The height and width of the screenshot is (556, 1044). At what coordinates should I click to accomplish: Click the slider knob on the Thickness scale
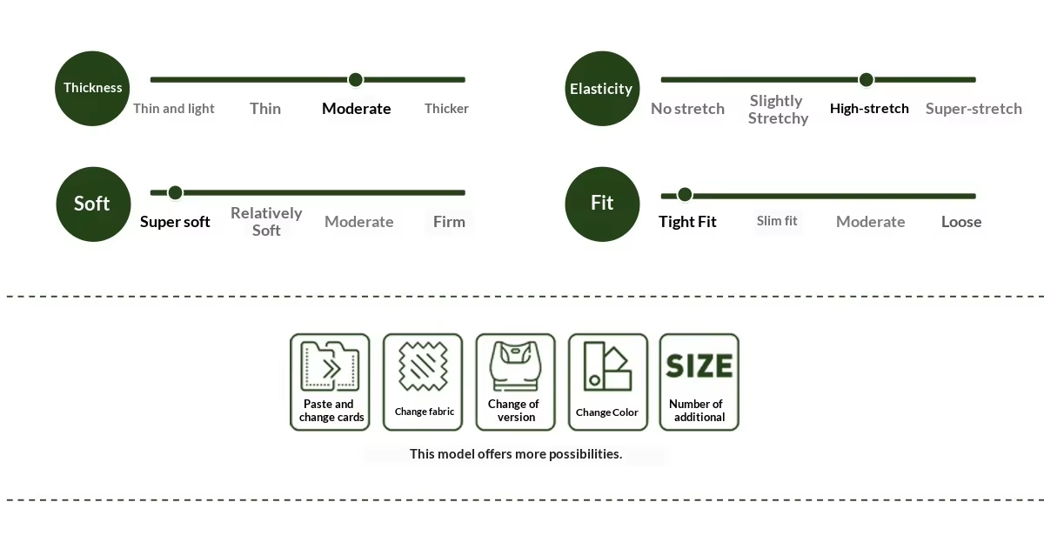[x=356, y=80]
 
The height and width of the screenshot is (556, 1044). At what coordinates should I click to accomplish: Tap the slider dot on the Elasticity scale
[x=866, y=80]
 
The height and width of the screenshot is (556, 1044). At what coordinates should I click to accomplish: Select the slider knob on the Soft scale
[x=175, y=192]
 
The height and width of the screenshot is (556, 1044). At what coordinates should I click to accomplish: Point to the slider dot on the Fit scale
[x=685, y=195]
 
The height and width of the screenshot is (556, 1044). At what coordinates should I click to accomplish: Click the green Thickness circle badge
[x=92, y=89]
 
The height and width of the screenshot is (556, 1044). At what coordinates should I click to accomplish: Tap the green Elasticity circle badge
[x=602, y=89]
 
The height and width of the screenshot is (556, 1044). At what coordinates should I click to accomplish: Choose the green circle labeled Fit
[x=602, y=204]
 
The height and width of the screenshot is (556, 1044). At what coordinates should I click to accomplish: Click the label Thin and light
[x=173, y=109]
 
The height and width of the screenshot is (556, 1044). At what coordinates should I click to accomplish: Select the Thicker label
[x=446, y=109]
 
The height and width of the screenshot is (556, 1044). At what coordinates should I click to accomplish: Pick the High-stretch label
[x=869, y=109]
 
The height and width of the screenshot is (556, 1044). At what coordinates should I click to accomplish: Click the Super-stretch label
[x=974, y=109]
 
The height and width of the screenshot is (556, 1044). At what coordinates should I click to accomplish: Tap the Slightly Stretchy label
[x=778, y=110]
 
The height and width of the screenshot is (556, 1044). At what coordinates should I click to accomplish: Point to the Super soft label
[x=175, y=222]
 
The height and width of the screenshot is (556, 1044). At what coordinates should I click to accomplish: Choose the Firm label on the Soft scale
[x=449, y=222]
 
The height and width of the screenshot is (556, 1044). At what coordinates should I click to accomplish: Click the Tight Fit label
[x=687, y=222]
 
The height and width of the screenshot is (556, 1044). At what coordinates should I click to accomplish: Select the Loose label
[x=961, y=222]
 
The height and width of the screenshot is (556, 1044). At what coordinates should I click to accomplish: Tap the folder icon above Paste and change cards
[x=330, y=366]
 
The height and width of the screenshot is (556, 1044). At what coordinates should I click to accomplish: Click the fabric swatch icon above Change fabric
[x=423, y=366]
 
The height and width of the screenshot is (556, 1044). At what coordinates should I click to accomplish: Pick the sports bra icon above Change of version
[x=515, y=366]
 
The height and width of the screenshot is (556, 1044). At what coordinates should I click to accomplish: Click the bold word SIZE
[x=699, y=365]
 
